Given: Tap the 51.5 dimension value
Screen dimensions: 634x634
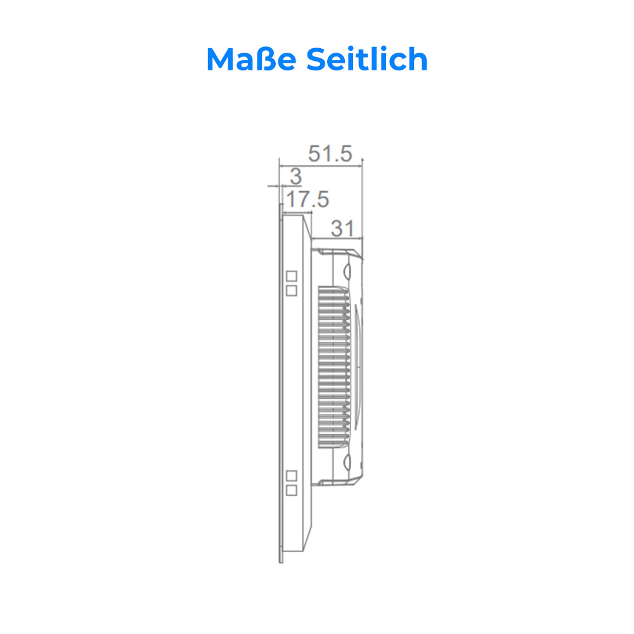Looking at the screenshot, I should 330,153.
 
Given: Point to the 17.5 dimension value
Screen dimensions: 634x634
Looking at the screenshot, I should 307,200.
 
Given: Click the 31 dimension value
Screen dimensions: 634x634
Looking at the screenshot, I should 342,228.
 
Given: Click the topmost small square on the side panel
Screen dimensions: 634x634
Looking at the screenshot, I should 292,276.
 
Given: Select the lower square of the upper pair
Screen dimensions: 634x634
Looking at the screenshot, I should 292,290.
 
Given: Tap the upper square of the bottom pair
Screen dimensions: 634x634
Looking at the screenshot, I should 292,475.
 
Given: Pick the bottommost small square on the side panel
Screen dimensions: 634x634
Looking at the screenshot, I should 292,490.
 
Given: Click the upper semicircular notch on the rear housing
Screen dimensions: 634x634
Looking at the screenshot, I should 347,269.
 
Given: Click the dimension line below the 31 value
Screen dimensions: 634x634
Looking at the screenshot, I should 337,238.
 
